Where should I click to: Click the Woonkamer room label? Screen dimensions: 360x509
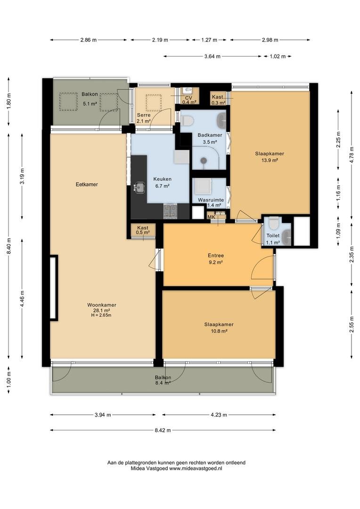click(102, 305)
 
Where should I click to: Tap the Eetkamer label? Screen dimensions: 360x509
click(87, 184)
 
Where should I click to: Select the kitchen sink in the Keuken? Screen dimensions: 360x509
click(140, 187)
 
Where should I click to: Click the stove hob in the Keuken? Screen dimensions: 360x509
click(170, 211)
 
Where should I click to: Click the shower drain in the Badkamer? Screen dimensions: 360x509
click(204, 160)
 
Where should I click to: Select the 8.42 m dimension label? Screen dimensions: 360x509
click(163, 430)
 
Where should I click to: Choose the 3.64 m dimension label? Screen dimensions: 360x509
click(213, 57)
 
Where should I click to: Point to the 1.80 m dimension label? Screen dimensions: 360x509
click(9, 101)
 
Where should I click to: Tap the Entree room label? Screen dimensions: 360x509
click(215, 256)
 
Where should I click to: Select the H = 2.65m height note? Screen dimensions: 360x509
click(102, 315)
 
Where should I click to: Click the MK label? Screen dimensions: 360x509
click(211, 217)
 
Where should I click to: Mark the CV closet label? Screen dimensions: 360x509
click(188, 98)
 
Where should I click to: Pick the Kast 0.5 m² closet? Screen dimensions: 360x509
click(143, 230)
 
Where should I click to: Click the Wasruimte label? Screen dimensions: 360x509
click(211, 200)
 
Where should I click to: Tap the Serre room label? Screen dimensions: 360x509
click(143, 115)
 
